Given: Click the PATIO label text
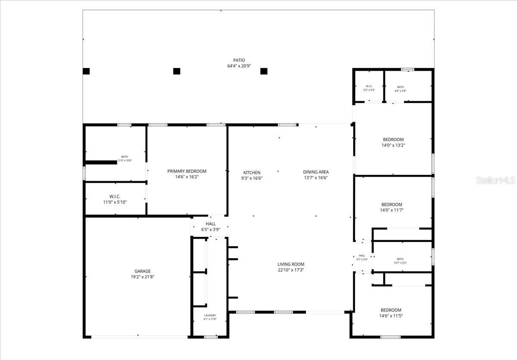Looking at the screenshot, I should [239, 60].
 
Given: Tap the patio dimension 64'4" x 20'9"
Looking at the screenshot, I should [239, 66].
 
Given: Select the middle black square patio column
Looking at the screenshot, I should [177, 71].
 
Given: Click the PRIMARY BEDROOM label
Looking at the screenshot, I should [187, 171].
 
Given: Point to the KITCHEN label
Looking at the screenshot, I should [252, 172].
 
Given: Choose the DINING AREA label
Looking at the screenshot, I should [316, 172].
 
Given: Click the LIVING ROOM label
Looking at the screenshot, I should [291, 264].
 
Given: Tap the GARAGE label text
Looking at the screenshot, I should [143, 271].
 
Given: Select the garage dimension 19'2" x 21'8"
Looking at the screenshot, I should [143, 277].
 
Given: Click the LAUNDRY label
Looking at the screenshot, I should [210, 316].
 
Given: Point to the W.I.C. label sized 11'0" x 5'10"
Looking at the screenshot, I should [115, 196].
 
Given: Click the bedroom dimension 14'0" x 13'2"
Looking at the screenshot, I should [393, 146].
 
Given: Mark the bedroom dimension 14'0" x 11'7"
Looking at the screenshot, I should [392, 211].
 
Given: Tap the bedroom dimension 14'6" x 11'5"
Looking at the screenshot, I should [391, 316].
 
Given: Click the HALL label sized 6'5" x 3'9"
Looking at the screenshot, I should [211, 224].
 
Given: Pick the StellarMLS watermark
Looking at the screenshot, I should [495, 180].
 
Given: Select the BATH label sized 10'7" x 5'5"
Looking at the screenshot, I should [401, 259].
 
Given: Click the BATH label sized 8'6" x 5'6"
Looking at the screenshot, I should [401, 87].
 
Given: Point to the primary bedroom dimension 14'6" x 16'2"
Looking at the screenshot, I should [187, 177].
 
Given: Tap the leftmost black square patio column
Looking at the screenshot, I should [86, 71].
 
